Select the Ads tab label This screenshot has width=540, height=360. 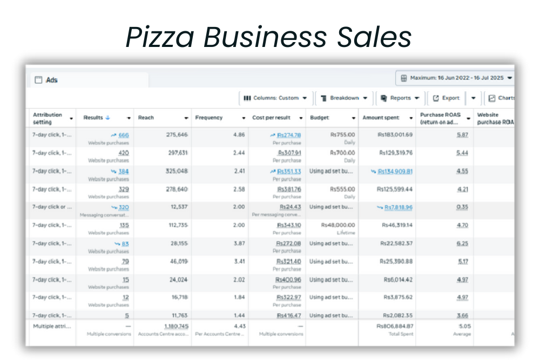pyautogui.click(x=52, y=80)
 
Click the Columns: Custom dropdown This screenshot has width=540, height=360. pyautogui.click(x=275, y=98)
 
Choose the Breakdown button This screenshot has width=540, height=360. pyautogui.click(x=343, y=98)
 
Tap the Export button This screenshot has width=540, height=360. pyautogui.click(x=446, y=98)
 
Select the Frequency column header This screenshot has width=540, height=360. pyautogui.click(x=208, y=118)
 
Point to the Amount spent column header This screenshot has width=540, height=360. pyautogui.click(x=381, y=118)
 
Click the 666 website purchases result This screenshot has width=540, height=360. pyautogui.click(x=124, y=135)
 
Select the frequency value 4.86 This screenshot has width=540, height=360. pyautogui.click(x=239, y=135)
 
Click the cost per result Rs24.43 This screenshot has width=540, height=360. pyautogui.click(x=290, y=207)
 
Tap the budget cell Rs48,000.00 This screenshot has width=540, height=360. pyautogui.click(x=338, y=225)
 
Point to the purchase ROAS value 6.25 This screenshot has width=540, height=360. pyautogui.click(x=462, y=243)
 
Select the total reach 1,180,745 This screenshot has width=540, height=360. pyautogui.click(x=176, y=326)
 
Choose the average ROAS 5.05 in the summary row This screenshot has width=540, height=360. pyautogui.click(x=464, y=326)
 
